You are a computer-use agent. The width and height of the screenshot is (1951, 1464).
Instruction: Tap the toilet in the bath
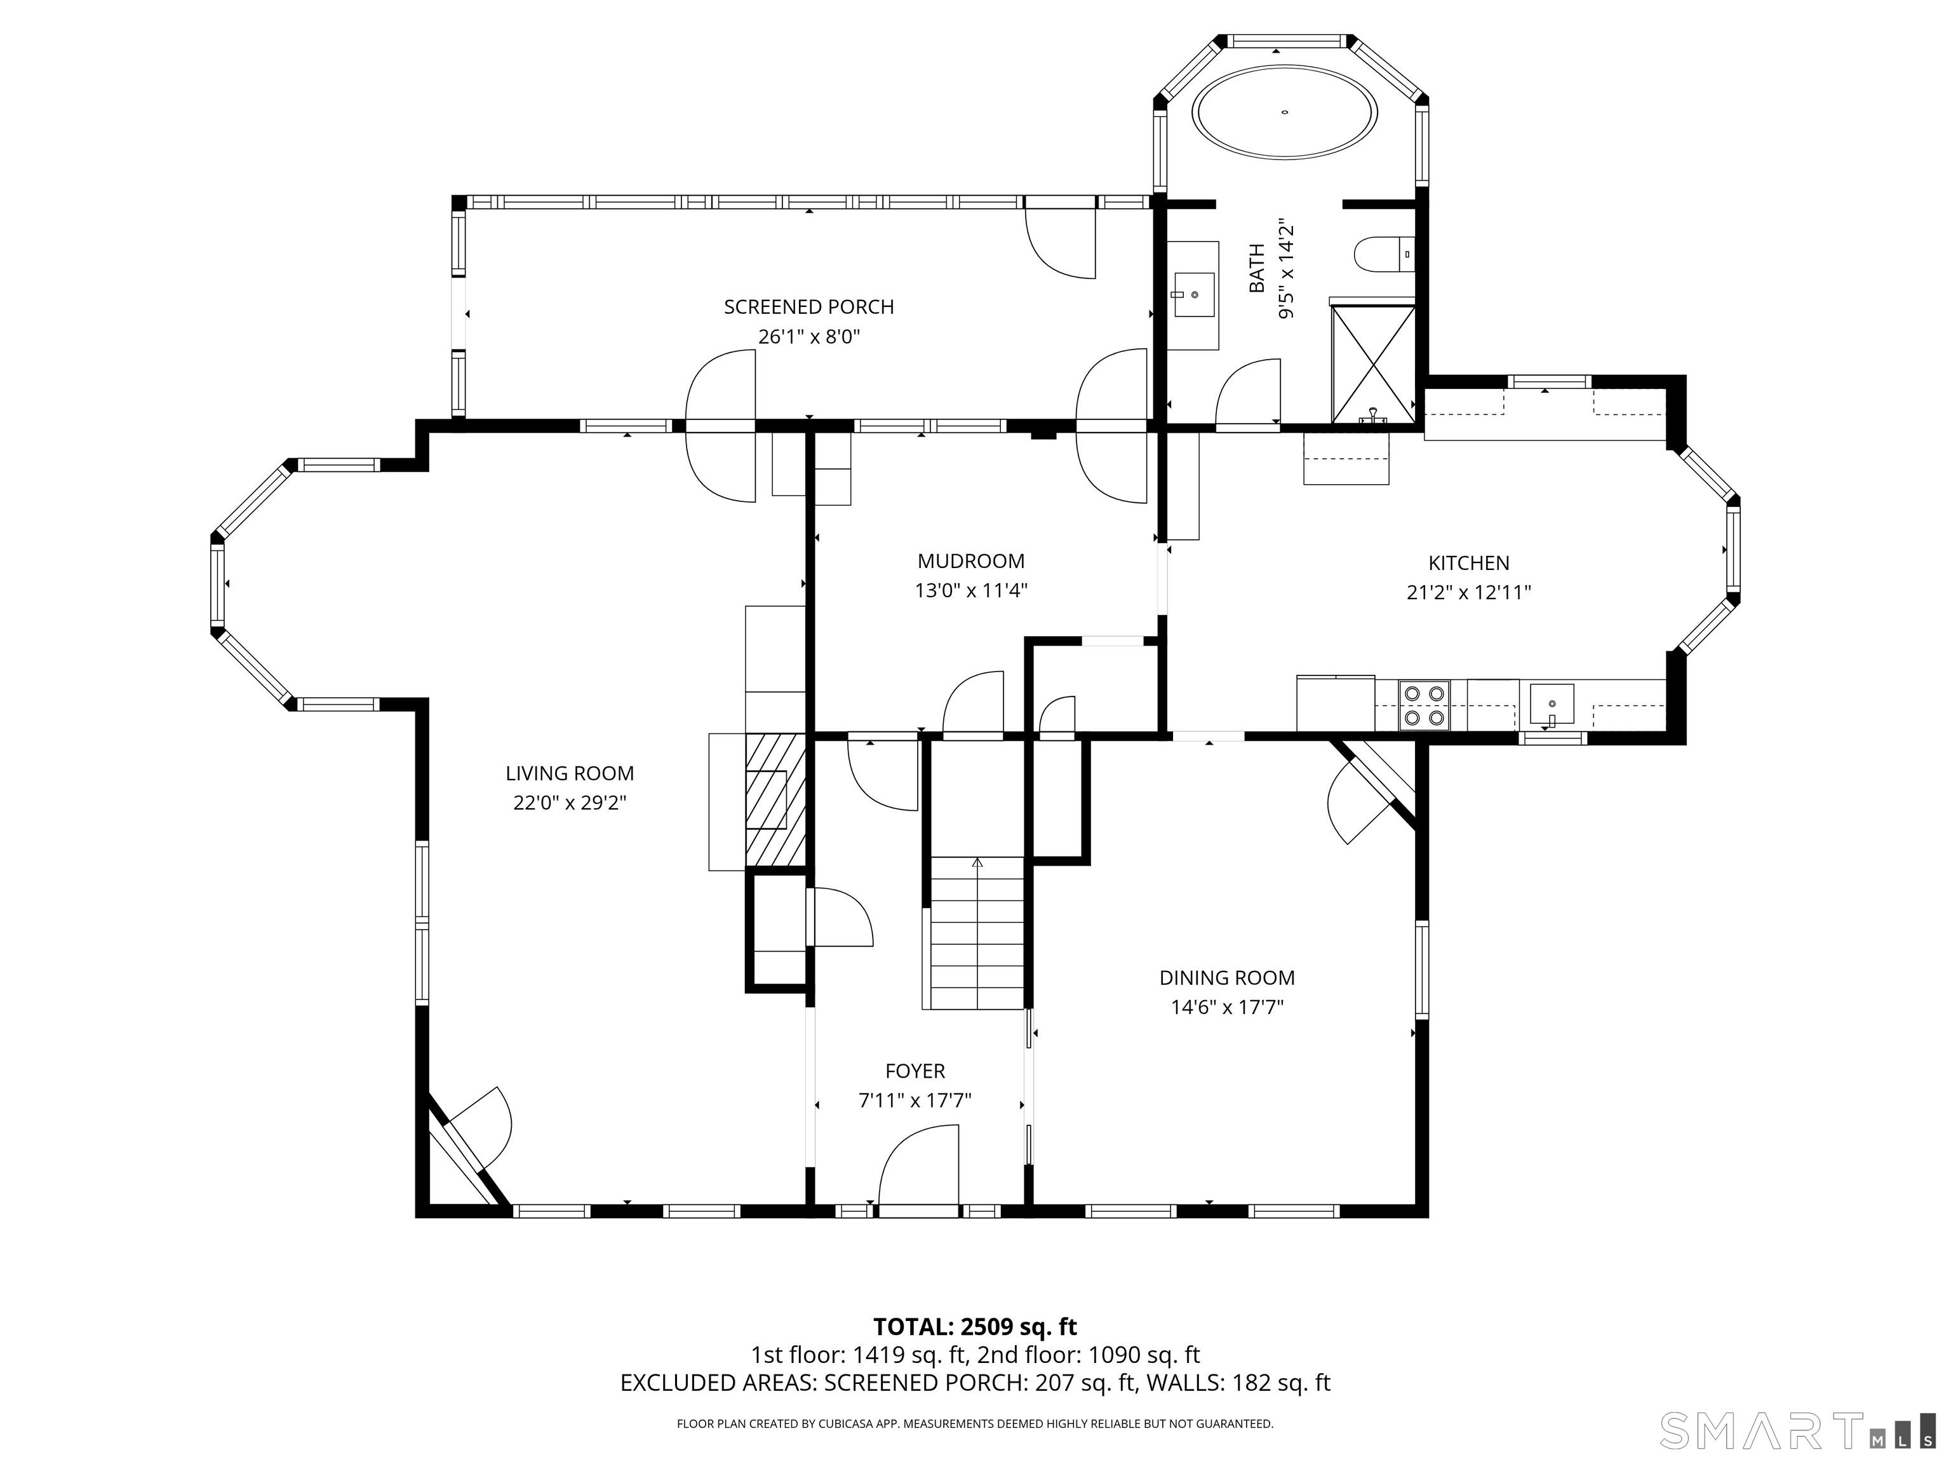click(1384, 254)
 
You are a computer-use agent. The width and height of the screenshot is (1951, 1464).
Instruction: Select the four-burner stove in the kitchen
click(1425, 705)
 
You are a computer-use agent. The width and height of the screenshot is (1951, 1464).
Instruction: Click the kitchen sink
click(1552, 704)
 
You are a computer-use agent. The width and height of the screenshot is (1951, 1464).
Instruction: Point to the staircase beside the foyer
click(977, 933)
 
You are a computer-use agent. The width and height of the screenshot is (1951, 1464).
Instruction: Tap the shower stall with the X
click(1373, 363)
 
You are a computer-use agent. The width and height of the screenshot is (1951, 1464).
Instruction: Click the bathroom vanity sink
click(1193, 295)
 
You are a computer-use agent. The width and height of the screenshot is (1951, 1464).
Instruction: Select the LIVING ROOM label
click(570, 774)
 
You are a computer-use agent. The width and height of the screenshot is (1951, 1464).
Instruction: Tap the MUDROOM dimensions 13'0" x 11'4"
click(971, 590)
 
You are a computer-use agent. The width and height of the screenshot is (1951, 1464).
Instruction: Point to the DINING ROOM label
click(1227, 978)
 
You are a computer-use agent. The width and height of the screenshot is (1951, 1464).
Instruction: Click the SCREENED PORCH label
click(809, 307)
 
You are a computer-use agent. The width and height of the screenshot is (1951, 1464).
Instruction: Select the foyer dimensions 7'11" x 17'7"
click(915, 1101)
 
